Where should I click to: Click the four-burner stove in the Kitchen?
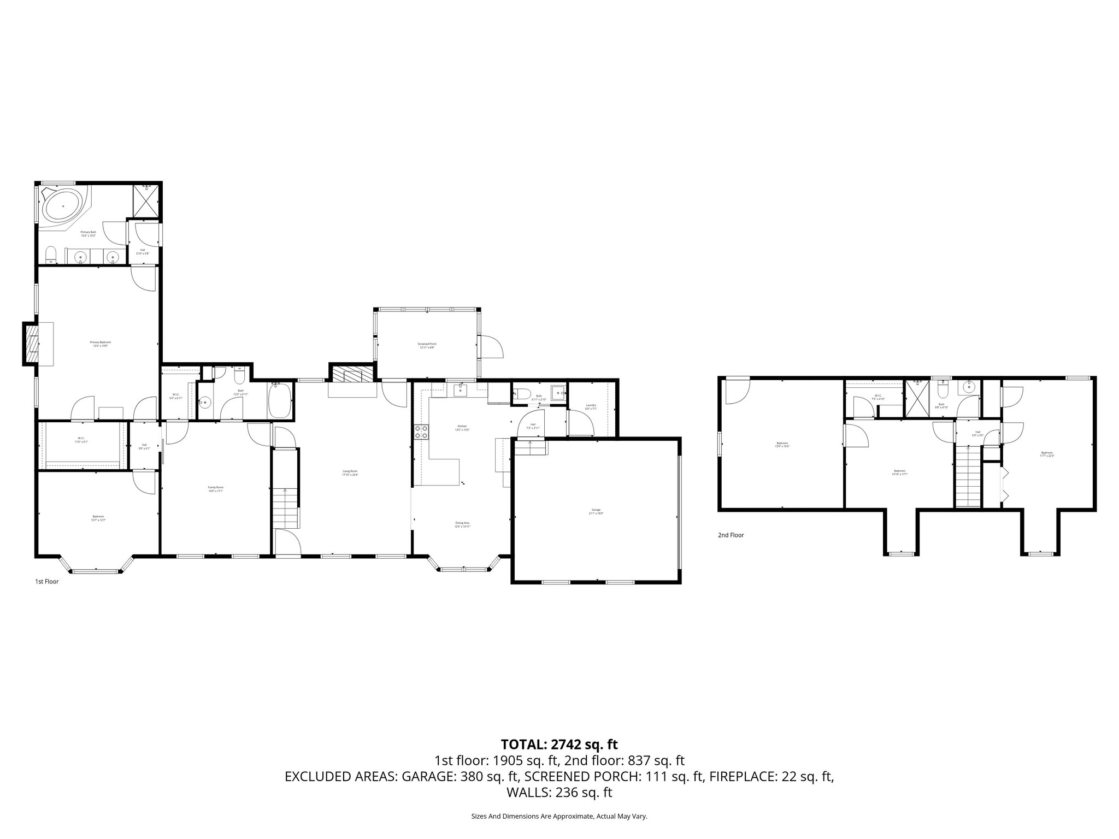(x=422, y=432)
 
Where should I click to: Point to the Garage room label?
(x=596, y=512)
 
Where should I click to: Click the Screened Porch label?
(x=427, y=345)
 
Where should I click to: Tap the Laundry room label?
(x=591, y=406)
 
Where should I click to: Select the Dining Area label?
(x=462, y=524)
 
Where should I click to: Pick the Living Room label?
(x=350, y=472)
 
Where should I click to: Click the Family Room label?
(x=216, y=489)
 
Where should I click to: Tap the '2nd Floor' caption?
(x=731, y=535)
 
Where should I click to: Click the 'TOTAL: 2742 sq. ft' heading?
(x=559, y=744)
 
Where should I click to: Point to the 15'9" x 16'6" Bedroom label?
(x=782, y=445)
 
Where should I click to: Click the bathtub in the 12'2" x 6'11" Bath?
(x=280, y=400)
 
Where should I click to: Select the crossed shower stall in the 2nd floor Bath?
(x=917, y=398)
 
